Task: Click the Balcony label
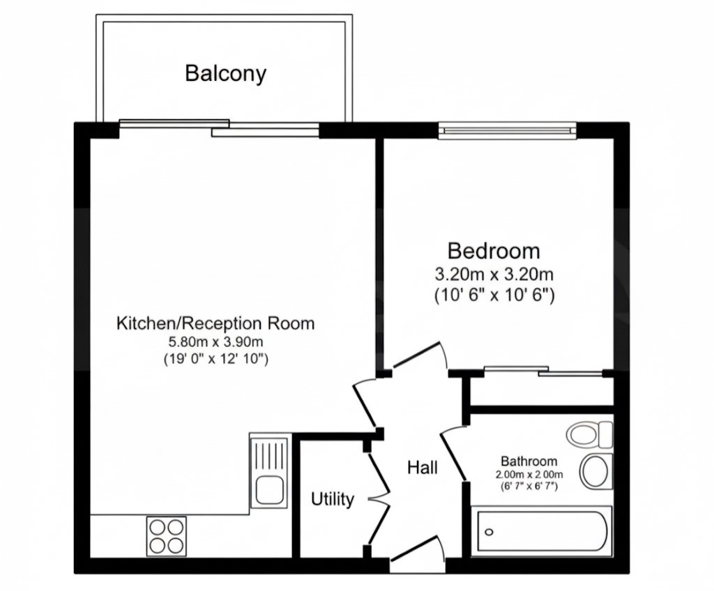coord(225,73)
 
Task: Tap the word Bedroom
coord(494,250)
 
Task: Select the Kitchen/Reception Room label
coord(215,323)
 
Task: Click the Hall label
coord(423,468)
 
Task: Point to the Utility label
coord(333,499)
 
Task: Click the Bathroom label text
coord(529,461)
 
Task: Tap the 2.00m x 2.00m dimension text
coord(529,475)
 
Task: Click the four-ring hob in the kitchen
coord(167,536)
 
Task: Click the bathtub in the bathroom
coord(542,532)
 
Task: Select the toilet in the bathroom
coord(590,435)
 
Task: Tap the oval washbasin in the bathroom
coord(596,470)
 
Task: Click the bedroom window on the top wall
coord(508,129)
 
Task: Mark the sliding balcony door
coord(220,128)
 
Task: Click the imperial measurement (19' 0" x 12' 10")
coord(215,360)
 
